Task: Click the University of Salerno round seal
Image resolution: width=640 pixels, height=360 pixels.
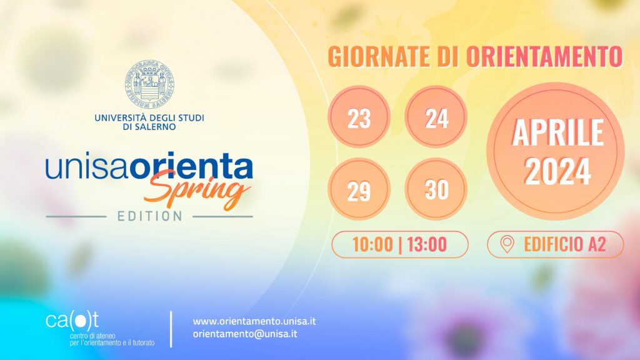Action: (x=150, y=84)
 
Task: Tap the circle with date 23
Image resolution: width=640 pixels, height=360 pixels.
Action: (x=359, y=117)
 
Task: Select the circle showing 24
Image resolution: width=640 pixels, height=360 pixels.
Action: (x=436, y=117)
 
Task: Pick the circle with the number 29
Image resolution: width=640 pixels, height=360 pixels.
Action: (x=359, y=189)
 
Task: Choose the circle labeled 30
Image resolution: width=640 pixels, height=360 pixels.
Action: (x=436, y=189)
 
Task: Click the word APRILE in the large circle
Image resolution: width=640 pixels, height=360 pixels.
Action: (x=558, y=132)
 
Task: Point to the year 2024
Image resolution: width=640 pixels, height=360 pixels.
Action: (x=557, y=172)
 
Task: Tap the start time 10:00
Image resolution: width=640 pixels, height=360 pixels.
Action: (x=372, y=244)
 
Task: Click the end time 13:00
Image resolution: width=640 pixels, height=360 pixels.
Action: (x=426, y=244)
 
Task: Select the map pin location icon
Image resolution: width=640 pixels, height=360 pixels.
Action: (x=507, y=244)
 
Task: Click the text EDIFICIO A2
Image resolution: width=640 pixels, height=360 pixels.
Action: (x=564, y=244)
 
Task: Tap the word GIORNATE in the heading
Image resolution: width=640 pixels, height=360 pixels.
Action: (x=379, y=56)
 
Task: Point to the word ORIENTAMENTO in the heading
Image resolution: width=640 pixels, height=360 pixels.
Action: (x=544, y=56)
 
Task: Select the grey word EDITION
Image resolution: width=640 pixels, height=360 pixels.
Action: (x=150, y=216)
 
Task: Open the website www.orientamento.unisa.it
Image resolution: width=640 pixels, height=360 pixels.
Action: (x=254, y=321)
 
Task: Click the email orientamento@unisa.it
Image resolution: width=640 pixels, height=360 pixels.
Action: (x=245, y=334)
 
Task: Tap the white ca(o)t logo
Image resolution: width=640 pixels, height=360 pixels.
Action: (x=72, y=321)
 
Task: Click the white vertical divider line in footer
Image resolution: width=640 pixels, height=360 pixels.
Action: (x=171, y=329)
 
